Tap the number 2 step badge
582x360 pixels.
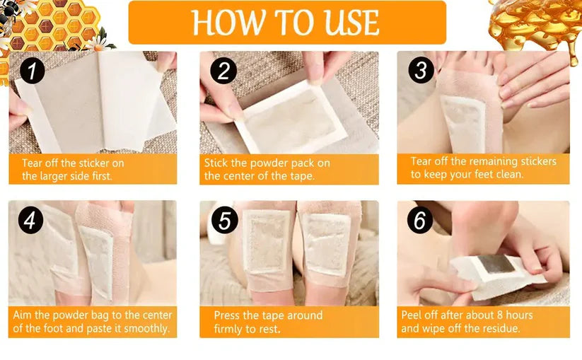coord(223,71)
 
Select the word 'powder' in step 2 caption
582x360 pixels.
coord(265,163)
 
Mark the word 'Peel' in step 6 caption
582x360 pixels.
coord(414,315)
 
